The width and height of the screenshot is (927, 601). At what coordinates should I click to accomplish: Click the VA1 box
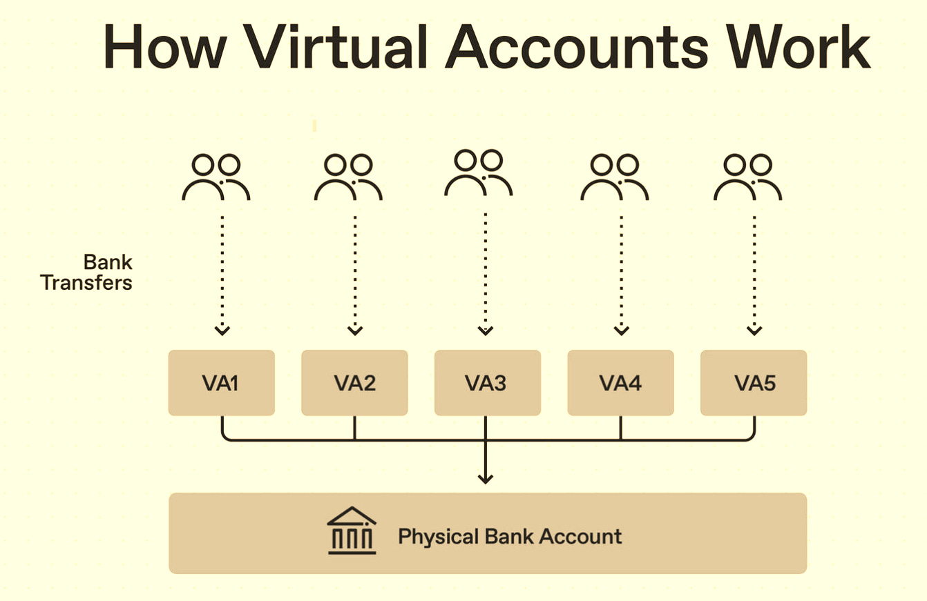coord(221,383)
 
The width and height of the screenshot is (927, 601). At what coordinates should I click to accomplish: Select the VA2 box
coord(354,383)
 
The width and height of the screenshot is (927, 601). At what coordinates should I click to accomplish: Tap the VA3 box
coord(487,383)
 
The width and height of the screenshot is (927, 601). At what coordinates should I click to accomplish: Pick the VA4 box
coord(620,383)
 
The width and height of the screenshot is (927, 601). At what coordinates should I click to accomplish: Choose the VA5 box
coord(754,383)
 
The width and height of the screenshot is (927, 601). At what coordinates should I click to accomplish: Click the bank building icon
coord(352,532)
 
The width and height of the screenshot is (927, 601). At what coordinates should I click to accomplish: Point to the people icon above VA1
coord(216,177)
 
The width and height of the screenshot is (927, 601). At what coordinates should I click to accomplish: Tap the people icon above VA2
coord(348,177)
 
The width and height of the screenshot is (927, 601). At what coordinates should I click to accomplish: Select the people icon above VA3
coord(478,173)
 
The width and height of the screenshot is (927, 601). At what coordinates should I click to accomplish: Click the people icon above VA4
coord(615,177)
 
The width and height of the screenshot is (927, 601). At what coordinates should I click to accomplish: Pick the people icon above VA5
coord(748,177)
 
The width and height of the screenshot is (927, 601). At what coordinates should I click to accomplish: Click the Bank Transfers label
coord(87,273)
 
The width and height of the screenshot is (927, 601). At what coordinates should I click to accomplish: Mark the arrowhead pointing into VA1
coord(222,331)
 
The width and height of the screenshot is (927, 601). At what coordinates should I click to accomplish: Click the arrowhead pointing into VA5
coord(754,331)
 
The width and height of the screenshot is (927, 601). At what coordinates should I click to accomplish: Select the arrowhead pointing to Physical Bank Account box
coord(486,477)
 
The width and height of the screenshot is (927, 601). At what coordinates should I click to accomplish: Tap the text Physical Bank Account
coord(510,536)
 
